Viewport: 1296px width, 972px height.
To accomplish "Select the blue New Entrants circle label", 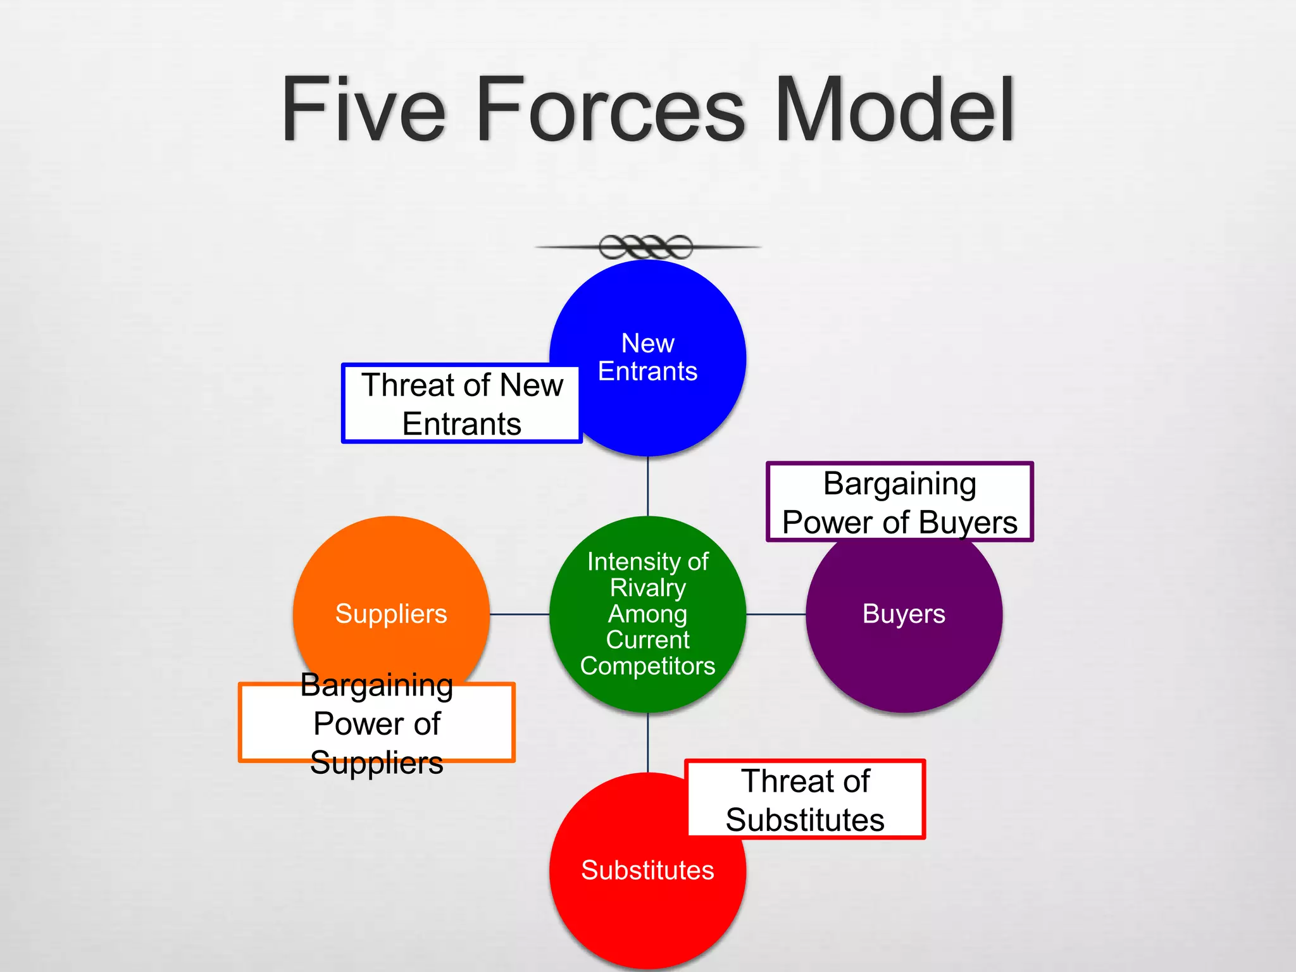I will coord(647,358).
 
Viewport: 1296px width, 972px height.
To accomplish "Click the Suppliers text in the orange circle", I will coord(391,614).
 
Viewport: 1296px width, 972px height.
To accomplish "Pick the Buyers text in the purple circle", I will coord(904,614).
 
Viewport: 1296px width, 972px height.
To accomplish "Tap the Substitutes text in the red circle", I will coord(647,870).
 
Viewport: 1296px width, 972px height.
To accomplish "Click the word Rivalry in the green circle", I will coord(647,588).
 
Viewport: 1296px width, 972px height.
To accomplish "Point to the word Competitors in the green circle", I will coord(647,666).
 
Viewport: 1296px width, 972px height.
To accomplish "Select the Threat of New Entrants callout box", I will coord(462,404).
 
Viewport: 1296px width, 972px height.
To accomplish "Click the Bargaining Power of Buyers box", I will coord(899,502).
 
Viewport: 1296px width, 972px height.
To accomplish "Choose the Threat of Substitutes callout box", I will coord(805,800).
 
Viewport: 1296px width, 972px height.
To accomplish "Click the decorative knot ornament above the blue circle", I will coord(646,247).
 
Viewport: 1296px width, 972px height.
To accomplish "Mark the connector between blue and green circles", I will coord(647,486).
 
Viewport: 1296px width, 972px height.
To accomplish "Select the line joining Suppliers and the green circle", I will coord(519,614).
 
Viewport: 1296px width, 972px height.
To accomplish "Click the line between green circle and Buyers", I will coord(775,614).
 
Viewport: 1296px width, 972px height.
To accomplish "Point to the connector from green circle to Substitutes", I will coord(647,742).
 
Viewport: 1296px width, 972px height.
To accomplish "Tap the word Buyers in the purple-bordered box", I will coord(968,523).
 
